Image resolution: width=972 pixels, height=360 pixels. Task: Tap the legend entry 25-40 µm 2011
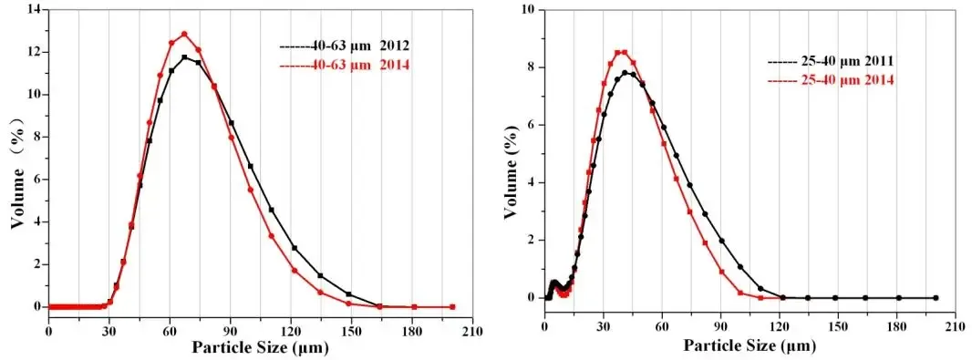pyautogui.click(x=829, y=61)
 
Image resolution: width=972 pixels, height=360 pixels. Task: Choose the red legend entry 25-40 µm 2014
pyautogui.click(x=829, y=80)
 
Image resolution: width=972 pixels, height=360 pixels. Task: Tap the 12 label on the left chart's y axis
pyautogui.click(x=34, y=52)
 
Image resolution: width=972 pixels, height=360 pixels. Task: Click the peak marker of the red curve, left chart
pyautogui.click(x=184, y=34)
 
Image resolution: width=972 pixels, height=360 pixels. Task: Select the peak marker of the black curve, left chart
pyautogui.click(x=184, y=57)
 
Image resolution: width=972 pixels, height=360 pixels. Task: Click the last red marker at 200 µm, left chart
pyautogui.click(x=452, y=307)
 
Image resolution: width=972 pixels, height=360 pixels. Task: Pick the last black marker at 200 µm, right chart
pyautogui.click(x=935, y=298)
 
